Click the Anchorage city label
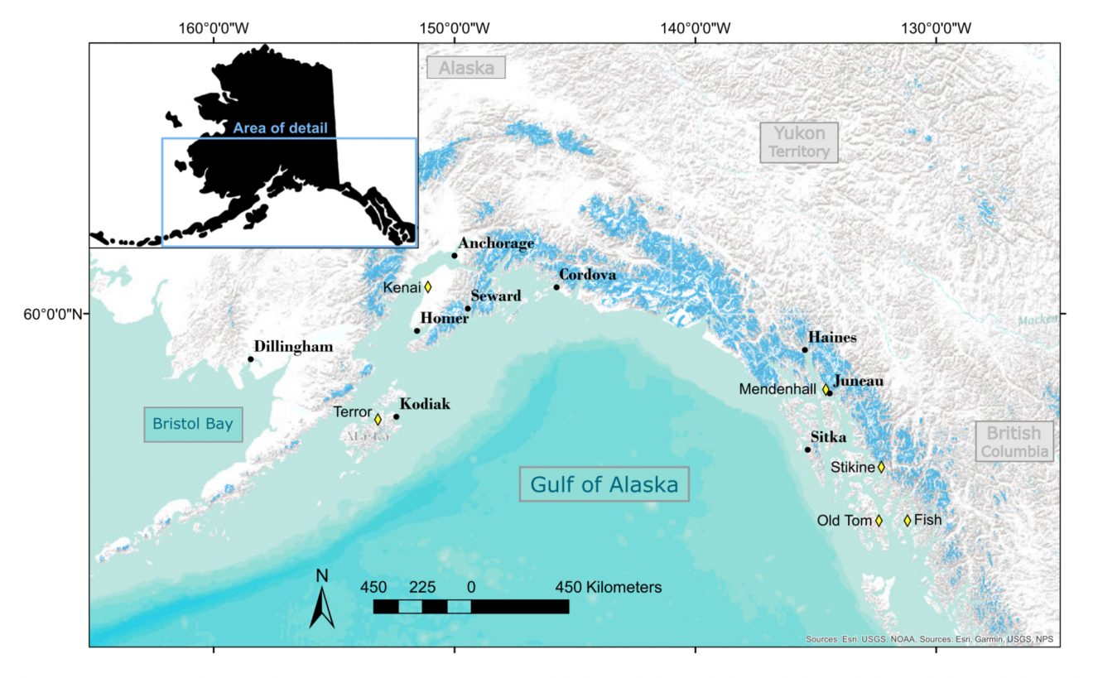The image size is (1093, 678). [495, 243]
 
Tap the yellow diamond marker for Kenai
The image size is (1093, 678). [428, 287]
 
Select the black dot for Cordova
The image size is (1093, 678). [556, 287]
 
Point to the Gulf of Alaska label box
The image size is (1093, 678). [604, 484]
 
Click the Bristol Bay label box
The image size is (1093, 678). [193, 425]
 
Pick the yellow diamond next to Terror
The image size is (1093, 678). [378, 419]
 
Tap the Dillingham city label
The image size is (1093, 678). [293, 347]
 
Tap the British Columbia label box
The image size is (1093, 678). [1014, 442]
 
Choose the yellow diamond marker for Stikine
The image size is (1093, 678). [881, 467]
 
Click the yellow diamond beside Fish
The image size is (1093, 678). [908, 521]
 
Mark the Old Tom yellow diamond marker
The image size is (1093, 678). [879, 521]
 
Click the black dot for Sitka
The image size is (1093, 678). [807, 450]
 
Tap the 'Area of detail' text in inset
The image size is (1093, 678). [280, 128]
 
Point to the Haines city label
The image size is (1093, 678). [832, 338]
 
